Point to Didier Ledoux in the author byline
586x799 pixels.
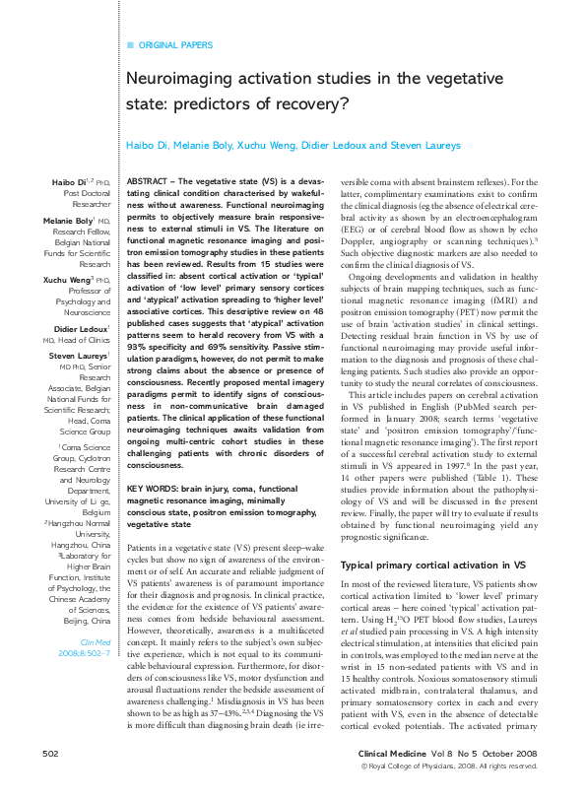327,146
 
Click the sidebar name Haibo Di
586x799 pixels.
71,183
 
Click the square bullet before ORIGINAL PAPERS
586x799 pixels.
130,45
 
